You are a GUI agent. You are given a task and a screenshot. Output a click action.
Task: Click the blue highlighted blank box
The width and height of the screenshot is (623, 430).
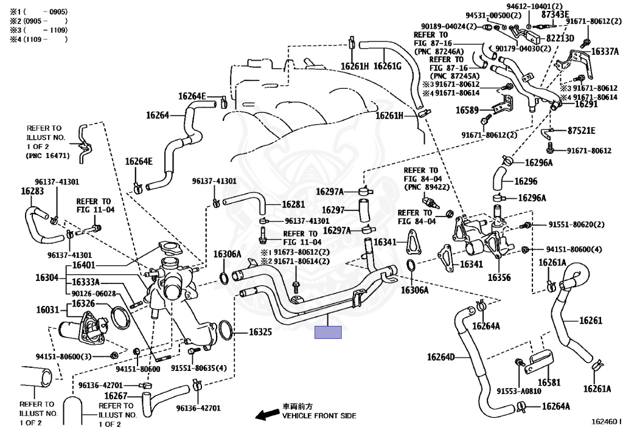click(x=328, y=332)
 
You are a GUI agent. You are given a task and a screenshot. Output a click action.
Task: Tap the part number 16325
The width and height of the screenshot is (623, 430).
click(x=260, y=332)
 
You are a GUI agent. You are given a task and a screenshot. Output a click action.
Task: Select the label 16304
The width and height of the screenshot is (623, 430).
click(x=47, y=277)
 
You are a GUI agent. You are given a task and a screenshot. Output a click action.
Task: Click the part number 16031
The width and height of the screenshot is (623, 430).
click(x=47, y=310)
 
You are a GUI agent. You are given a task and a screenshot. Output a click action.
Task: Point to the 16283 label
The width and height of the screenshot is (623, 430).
click(x=32, y=191)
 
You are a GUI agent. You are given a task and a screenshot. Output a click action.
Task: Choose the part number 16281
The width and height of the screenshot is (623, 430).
click(x=293, y=204)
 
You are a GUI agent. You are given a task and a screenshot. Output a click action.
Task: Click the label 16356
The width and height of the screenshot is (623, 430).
click(x=499, y=277)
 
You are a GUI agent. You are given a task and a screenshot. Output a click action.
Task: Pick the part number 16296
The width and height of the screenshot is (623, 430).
click(x=526, y=181)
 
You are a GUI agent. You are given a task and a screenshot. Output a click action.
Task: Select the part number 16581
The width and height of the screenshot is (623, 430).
click(x=549, y=383)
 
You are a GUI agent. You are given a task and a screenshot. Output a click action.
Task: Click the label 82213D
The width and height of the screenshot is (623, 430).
click(x=560, y=38)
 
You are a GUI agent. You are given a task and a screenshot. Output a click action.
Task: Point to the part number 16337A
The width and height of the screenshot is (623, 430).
click(x=605, y=52)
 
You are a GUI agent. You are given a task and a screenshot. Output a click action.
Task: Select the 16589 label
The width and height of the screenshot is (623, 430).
click(x=467, y=110)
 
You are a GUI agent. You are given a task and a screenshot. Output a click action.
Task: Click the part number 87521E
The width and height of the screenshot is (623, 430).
click(x=582, y=131)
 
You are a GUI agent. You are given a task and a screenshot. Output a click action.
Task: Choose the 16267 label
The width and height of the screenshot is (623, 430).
click(x=116, y=396)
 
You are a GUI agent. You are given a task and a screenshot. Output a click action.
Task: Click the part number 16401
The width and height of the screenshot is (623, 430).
click(x=83, y=265)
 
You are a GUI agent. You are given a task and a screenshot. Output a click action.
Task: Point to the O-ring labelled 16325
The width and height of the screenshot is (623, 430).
click(x=226, y=330)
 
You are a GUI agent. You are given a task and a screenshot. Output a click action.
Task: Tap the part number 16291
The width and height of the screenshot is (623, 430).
click(x=586, y=105)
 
